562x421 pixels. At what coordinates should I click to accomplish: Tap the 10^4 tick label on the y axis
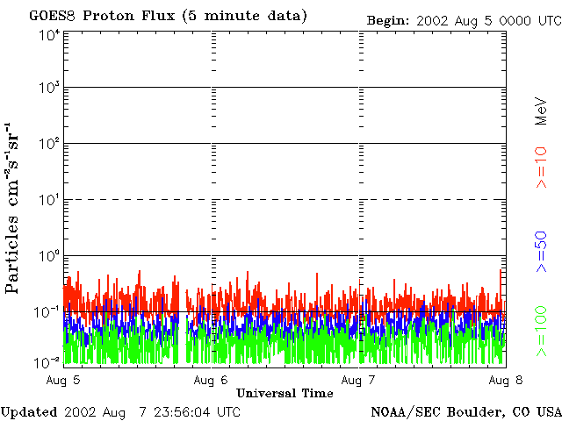point(48,35)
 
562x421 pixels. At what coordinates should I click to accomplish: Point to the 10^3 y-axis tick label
point(48,89)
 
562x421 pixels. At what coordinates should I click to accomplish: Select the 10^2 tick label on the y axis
point(48,144)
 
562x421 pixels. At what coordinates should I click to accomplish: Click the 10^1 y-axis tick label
point(48,200)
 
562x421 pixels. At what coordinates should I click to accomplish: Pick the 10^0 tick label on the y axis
point(48,256)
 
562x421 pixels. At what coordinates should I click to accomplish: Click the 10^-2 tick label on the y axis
point(47,360)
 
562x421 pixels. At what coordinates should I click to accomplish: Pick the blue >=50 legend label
point(542,252)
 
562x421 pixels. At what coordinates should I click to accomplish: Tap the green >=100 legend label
point(542,331)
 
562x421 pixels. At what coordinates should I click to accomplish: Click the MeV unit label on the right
point(542,111)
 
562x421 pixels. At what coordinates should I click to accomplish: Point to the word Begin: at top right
point(388,19)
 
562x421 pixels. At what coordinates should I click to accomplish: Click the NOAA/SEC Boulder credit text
point(465,411)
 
